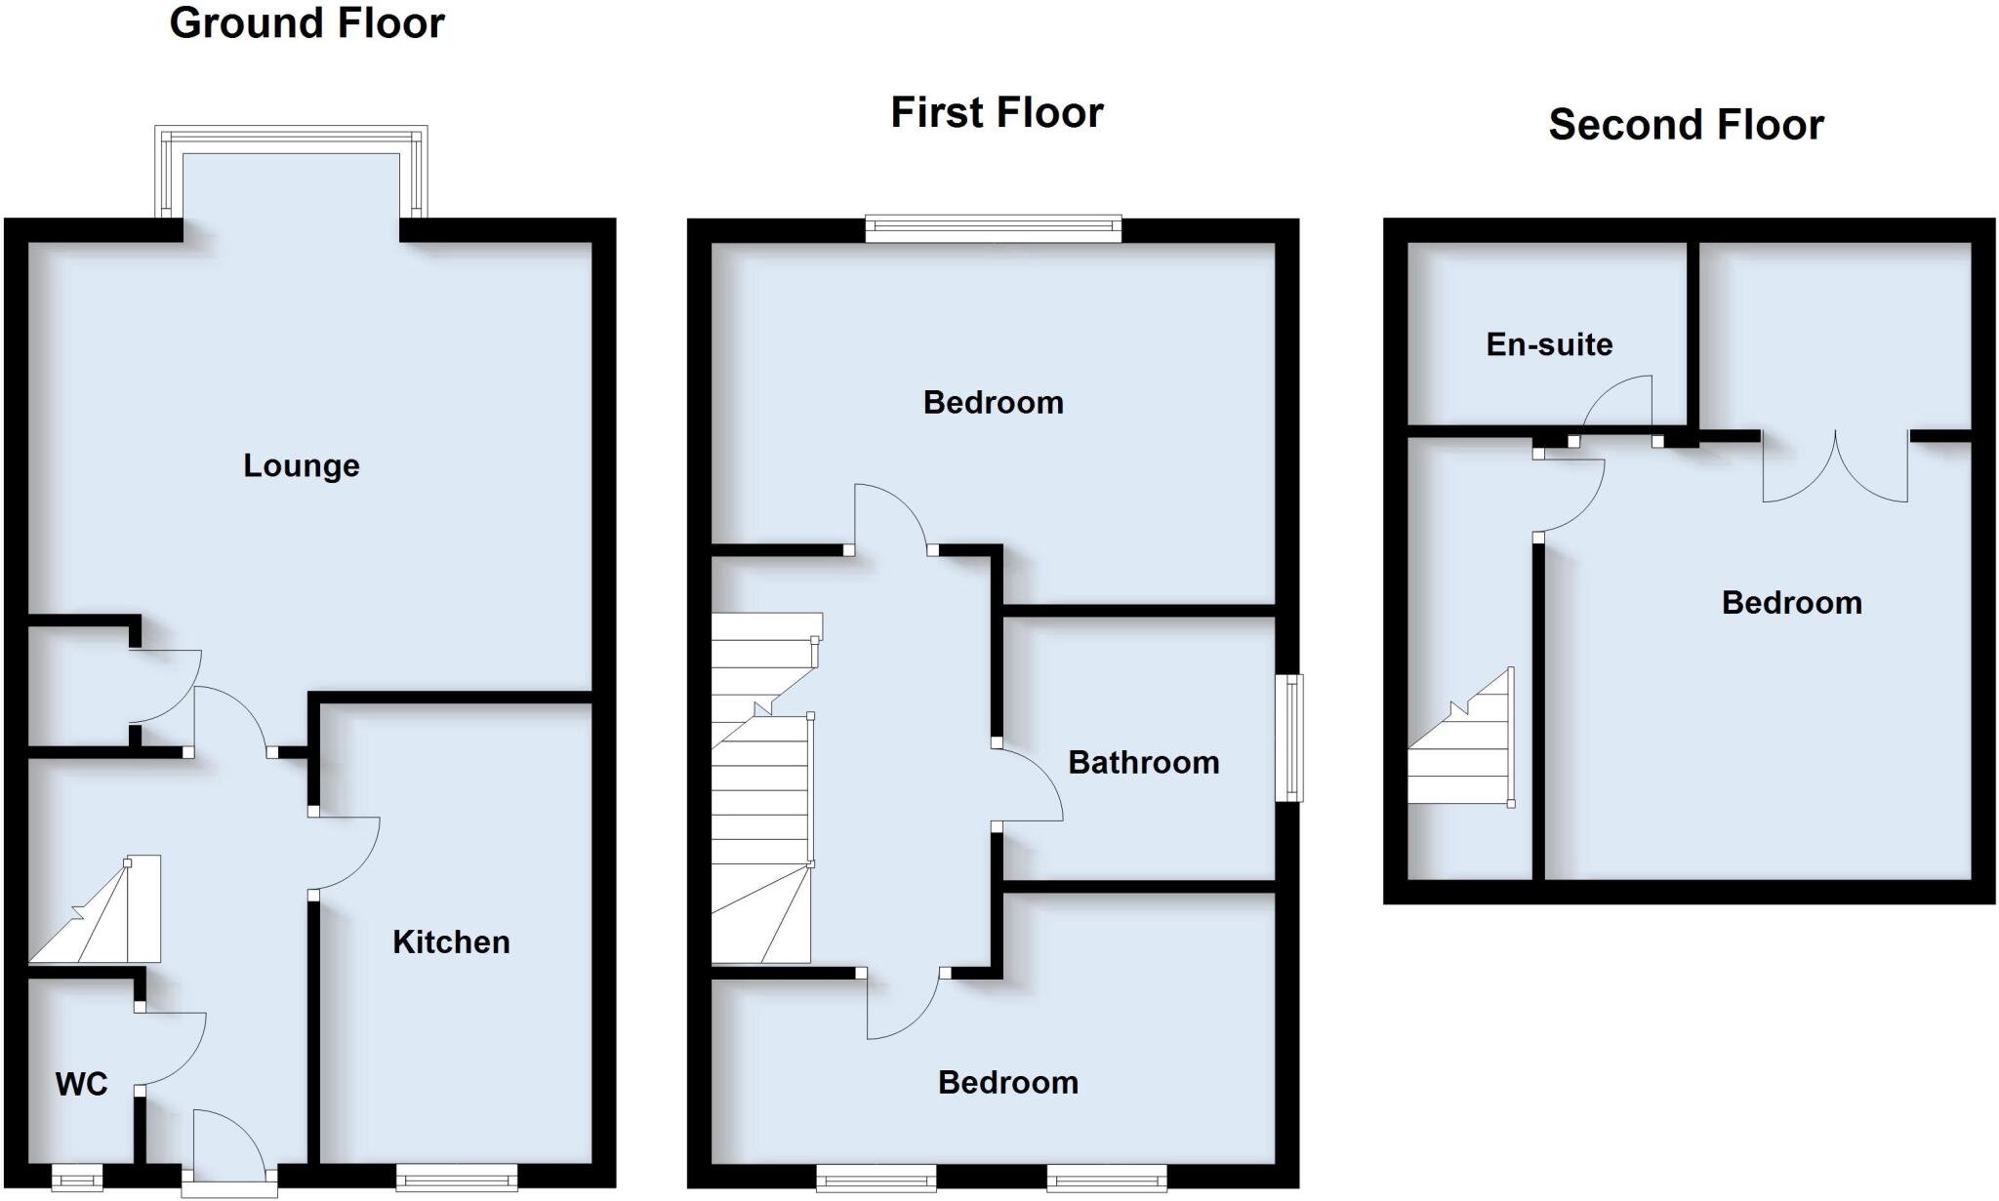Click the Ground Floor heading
306,23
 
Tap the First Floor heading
997,113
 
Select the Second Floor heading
1686,126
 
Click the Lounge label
301,466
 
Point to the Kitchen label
451,942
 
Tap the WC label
81,1084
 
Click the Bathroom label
1143,763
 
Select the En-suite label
1549,344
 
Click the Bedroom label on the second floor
1791,603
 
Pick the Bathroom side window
1289,738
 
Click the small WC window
76,1180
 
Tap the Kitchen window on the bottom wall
457,1179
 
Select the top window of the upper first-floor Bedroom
993,229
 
